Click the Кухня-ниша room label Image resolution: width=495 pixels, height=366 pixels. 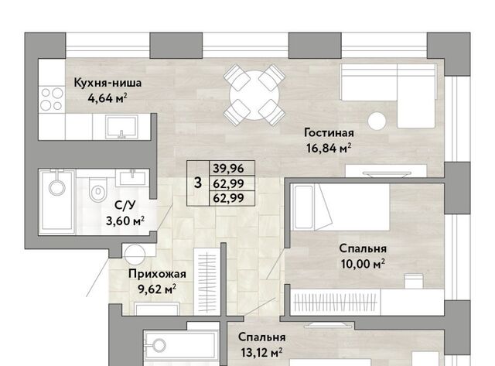(x=108, y=83)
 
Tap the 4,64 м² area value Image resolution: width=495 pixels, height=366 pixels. (x=108, y=98)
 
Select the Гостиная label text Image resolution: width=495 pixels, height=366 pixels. (x=329, y=132)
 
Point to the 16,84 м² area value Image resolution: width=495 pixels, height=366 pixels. (x=329, y=148)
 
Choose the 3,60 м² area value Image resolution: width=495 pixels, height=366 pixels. (x=125, y=221)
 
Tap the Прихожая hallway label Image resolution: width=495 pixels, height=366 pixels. (x=157, y=274)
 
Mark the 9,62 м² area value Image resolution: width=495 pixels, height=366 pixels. (x=157, y=289)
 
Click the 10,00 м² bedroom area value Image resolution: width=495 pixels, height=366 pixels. (x=363, y=263)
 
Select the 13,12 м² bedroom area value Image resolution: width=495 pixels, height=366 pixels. (x=261, y=352)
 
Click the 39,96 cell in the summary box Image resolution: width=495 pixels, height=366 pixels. (x=229, y=169)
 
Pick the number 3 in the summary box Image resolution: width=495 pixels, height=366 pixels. (x=198, y=183)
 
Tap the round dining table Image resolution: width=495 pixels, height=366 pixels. (x=254, y=95)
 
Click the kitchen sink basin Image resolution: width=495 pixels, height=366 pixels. (x=122, y=127)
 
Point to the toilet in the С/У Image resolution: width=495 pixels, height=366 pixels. (x=98, y=190)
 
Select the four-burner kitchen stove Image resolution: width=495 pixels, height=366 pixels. (x=52, y=99)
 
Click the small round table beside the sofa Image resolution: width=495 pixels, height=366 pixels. (x=377, y=121)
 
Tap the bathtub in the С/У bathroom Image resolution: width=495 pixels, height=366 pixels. (x=56, y=202)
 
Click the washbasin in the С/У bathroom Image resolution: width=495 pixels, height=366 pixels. (x=132, y=178)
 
